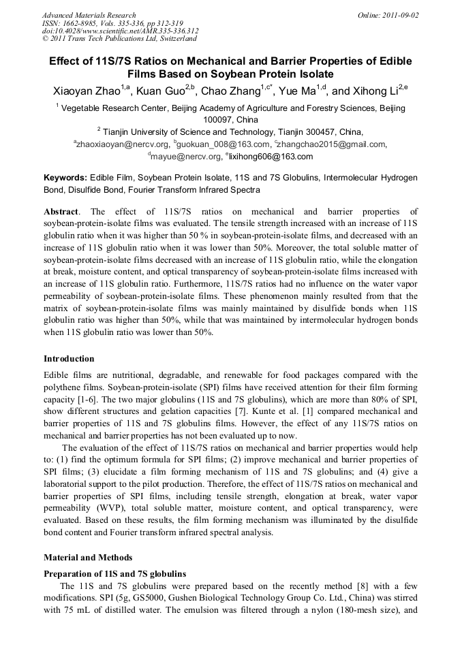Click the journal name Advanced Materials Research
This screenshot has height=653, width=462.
pyautogui.click(x=89, y=15)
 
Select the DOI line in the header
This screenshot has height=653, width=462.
pyautogui.click(x=120, y=31)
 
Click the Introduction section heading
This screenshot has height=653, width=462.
pyautogui.click(x=69, y=359)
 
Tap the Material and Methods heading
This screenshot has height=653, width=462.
pyautogui.click(x=88, y=557)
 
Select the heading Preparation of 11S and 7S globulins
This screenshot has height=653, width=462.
pyautogui.click(x=114, y=573)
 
